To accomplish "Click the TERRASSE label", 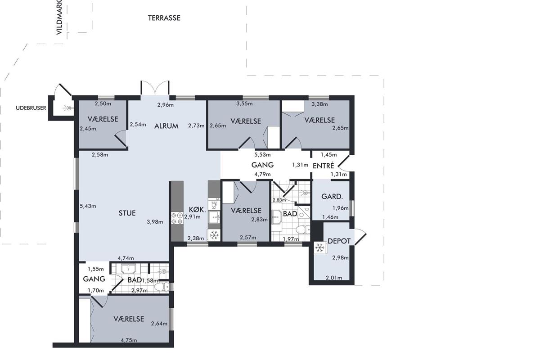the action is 164,18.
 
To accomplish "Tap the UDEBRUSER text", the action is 31,108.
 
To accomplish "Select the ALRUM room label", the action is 166,126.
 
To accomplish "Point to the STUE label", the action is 127,213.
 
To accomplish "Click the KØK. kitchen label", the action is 198,210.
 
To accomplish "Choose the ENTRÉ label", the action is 323,166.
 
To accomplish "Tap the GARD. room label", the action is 332,197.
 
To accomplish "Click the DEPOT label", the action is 339,241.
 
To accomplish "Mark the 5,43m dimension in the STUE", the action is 88,206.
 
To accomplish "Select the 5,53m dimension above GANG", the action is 262,154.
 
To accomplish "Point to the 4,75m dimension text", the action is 129,340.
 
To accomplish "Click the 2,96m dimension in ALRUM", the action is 166,105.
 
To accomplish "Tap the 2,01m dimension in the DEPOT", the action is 334,278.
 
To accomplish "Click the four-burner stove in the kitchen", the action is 177,218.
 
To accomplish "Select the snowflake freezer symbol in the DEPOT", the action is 320,248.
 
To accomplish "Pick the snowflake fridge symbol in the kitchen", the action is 214,235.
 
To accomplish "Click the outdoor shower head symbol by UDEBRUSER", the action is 68,108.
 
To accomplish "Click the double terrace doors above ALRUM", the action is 155,88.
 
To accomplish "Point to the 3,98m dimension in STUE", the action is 155,222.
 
